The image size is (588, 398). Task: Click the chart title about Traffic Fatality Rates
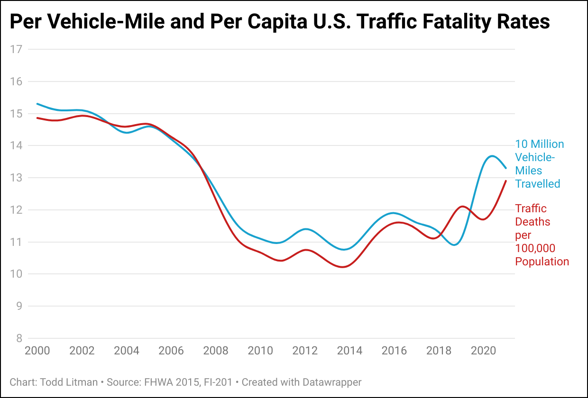click(x=280, y=22)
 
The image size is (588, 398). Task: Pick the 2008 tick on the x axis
click(x=215, y=351)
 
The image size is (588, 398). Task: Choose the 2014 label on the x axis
click(x=349, y=351)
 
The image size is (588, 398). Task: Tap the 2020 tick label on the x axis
click(x=484, y=351)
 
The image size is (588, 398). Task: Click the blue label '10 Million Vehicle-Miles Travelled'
click(x=540, y=164)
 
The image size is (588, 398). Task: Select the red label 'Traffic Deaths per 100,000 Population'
click(x=542, y=235)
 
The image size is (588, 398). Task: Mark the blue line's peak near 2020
click(x=492, y=156)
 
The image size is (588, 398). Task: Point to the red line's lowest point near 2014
click(x=343, y=267)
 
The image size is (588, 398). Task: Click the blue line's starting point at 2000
click(x=37, y=104)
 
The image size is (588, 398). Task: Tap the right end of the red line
click(x=506, y=181)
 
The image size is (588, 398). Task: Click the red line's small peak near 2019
click(x=462, y=207)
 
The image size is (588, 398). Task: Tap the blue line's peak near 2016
click(x=393, y=213)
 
